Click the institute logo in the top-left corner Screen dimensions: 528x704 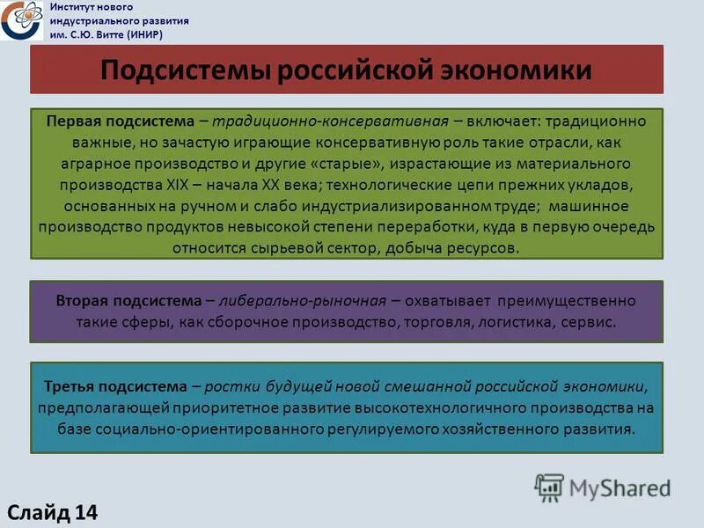click(x=20, y=20)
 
